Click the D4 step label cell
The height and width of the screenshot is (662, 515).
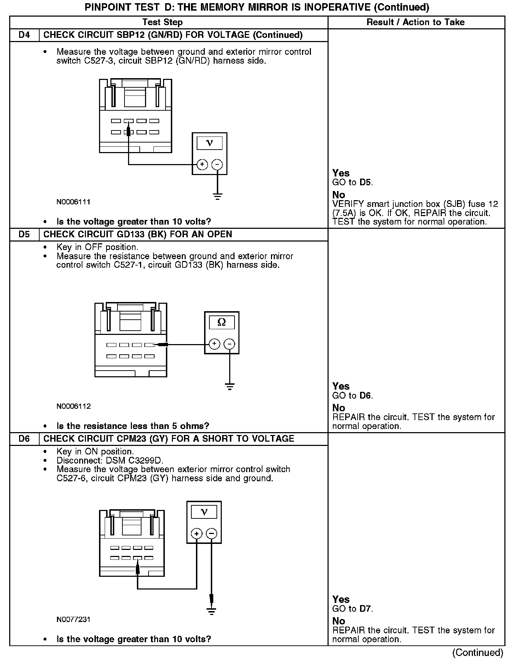click(24, 35)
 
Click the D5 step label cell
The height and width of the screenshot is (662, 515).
click(24, 234)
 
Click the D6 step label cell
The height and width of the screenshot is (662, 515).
click(24, 439)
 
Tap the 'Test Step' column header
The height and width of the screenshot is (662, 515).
click(162, 22)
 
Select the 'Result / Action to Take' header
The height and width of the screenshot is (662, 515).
click(415, 22)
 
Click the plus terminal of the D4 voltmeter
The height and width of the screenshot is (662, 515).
click(202, 164)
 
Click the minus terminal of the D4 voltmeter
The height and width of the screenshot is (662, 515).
click(217, 164)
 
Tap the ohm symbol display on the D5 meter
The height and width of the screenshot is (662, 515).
click(221, 322)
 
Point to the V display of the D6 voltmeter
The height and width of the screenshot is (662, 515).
click(204, 512)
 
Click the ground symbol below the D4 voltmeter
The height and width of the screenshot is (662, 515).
click(218, 196)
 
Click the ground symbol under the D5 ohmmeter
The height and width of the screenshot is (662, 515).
click(230, 386)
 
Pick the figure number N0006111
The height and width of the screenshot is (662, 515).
click(73, 202)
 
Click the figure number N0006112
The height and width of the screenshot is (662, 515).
click(73, 406)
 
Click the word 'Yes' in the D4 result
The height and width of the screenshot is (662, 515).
click(341, 173)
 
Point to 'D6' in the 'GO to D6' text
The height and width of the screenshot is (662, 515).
click(366, 395)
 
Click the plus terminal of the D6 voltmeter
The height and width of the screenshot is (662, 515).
click(196, 534)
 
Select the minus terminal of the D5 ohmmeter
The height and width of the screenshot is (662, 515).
click(230, 344)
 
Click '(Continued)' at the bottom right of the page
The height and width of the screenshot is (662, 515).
click(478, 652)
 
